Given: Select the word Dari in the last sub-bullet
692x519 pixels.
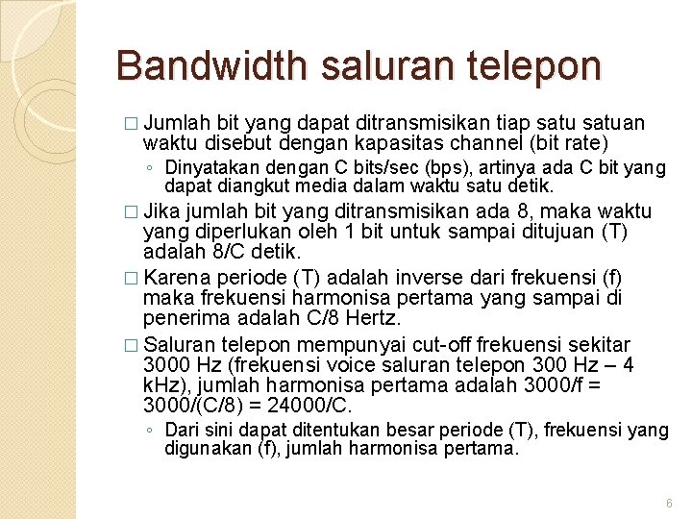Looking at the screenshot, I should pos(180,431).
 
